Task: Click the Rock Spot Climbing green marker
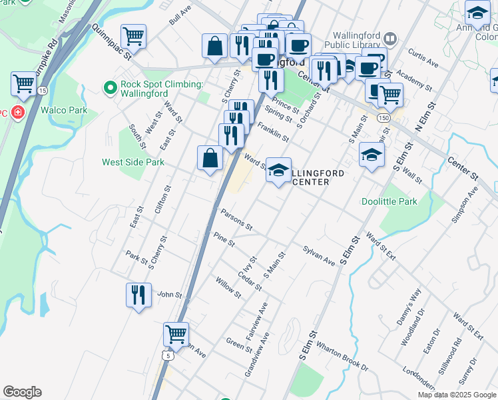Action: pyautogui.click(x=111, y=87)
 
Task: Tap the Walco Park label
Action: pyautogui.click(x=64, y=109)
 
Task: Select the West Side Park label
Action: pyautogui.click(x=132, y=162)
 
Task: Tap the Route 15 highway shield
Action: pyautogui.click(x=42, y=90)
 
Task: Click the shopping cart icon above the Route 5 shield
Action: pyautogui.click(x=176, y=334)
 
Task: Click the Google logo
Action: pyautogui.click(x=22, y=392)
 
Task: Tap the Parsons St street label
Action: pyautogui.click(x=236, y=218)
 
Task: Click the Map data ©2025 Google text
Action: pyautogui.click(x=456, y=395)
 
